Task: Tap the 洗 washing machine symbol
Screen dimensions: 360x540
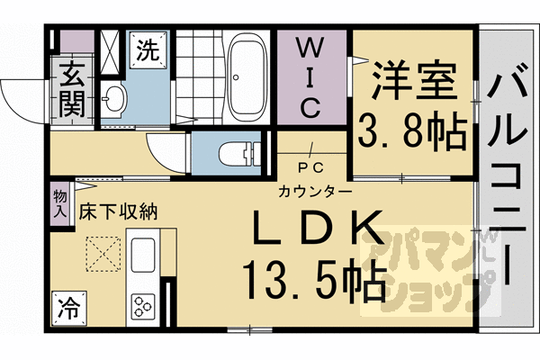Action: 147,49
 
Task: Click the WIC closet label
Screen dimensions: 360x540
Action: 307,76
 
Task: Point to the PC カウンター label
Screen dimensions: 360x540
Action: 309,180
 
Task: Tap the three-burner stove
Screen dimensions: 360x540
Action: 145,304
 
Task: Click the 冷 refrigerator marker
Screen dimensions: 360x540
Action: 68,307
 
